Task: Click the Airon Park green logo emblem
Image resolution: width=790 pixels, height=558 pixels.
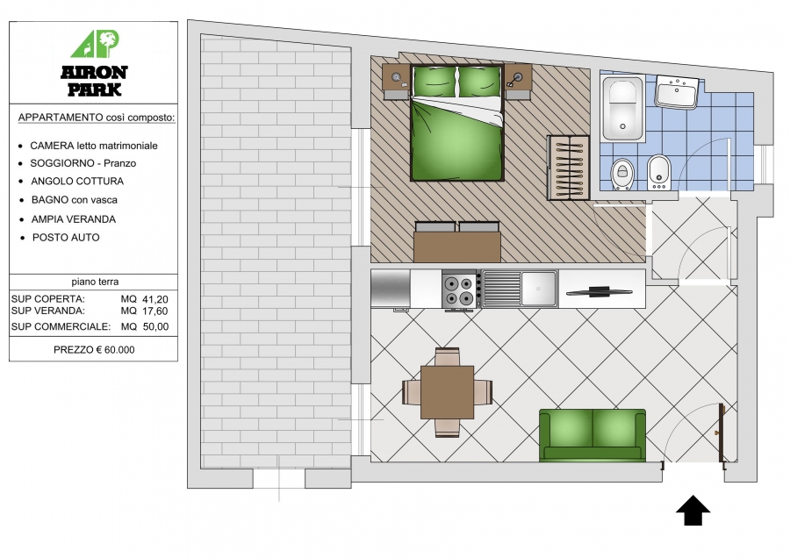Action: click(95, 45)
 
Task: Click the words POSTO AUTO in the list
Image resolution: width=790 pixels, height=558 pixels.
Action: click(66, 238)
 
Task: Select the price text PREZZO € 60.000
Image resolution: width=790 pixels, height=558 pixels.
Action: click(94, 350)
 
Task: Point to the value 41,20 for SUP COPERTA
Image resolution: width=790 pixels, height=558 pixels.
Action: click(155, 299)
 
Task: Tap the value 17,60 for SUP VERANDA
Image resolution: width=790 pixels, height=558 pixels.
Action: click(155, 311)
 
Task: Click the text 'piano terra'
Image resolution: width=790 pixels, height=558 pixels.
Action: click(95, 282)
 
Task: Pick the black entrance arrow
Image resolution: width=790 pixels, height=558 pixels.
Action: click(693, 510)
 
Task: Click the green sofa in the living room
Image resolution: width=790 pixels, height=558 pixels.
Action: click(592, 436)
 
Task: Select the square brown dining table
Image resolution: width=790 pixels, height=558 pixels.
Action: click(448, 392)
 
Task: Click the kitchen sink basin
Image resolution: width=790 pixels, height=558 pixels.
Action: click(539, 289)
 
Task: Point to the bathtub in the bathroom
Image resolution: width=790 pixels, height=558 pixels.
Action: click(622, 108)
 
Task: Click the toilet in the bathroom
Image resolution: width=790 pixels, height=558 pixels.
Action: click(622, 175)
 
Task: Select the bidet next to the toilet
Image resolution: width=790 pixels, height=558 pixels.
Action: click(658, 172)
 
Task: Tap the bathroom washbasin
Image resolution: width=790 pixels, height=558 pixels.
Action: click(677, 92)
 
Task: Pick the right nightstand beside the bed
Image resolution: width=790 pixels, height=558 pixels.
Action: click(518, 82)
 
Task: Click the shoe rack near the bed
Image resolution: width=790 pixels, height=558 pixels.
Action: click(568, 168)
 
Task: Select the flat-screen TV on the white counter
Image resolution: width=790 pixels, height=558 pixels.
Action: click(599, 291)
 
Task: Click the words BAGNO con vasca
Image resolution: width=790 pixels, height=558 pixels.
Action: click(75, 200)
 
